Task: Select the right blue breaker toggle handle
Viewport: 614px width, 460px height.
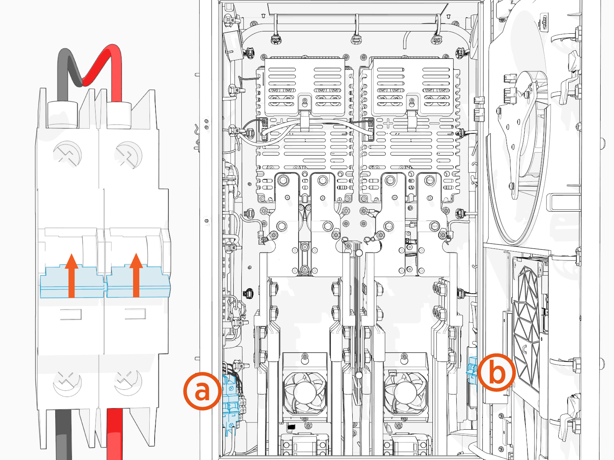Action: point(138,282)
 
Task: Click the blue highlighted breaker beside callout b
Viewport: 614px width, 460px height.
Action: point(471,372)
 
